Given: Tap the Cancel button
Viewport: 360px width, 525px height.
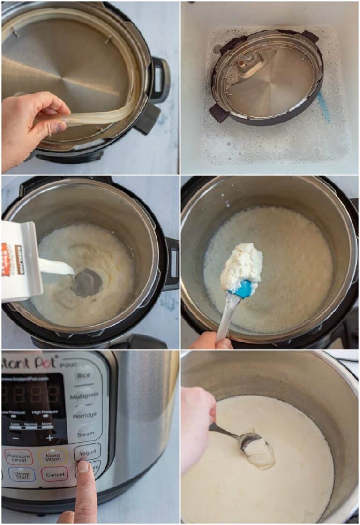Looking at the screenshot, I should [x=54, y=474].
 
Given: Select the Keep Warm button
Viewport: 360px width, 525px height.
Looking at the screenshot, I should [x=52, y=456].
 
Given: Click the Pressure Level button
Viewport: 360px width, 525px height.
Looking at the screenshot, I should [x=19, y=457].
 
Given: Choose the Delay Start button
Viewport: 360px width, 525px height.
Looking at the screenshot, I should [x=22, y=474].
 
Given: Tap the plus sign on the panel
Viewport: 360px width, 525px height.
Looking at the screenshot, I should [x=50, y=438].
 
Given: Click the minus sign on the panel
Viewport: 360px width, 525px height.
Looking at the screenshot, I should [x=15, y=438].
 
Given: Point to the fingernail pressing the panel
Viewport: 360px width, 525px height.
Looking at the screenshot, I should [x=83, y=467].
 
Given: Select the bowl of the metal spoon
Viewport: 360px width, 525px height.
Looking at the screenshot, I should [x=250, y=441].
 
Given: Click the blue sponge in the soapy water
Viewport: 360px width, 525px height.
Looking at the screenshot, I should [x=323, y=106].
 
